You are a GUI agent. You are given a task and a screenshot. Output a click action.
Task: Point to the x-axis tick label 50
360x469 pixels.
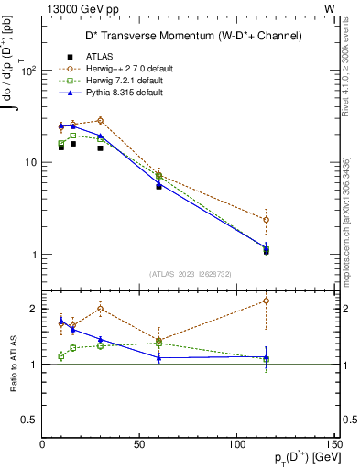coord(139,445)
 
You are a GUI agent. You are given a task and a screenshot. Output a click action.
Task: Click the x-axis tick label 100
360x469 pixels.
coord(236,445)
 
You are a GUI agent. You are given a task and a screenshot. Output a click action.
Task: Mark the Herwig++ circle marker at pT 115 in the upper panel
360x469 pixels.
coord(266,220)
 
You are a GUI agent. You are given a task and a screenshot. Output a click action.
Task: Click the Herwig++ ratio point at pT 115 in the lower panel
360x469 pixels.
coord(266,300)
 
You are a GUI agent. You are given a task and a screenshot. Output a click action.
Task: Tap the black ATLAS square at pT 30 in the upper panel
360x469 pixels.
coord(101,147)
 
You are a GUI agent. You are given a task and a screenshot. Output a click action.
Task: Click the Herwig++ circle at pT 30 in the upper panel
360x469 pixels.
coord(101,120)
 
